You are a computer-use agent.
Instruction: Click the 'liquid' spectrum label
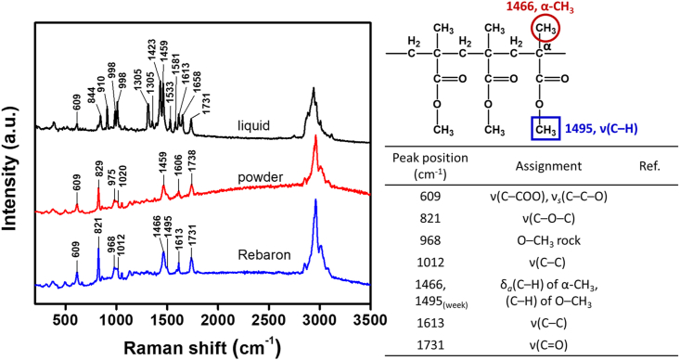pyautogui.click(x=253, y=126)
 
